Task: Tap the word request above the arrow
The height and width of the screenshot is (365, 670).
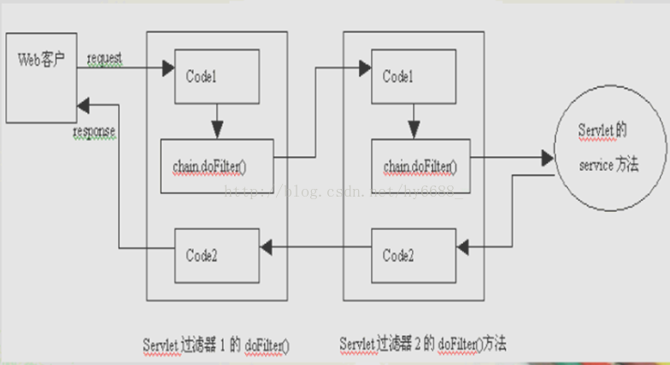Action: click(103, 58)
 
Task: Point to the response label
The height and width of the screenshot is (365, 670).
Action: click(95, 132)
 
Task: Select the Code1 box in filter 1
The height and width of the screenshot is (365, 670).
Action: click(216, 75)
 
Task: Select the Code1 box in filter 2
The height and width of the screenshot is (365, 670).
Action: click(413, 76)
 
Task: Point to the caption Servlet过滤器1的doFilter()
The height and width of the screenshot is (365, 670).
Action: click(216, 344)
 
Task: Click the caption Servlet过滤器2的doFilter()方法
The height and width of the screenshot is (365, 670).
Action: click(423, 344)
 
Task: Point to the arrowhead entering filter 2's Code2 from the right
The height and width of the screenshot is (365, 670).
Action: click(462, 247)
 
